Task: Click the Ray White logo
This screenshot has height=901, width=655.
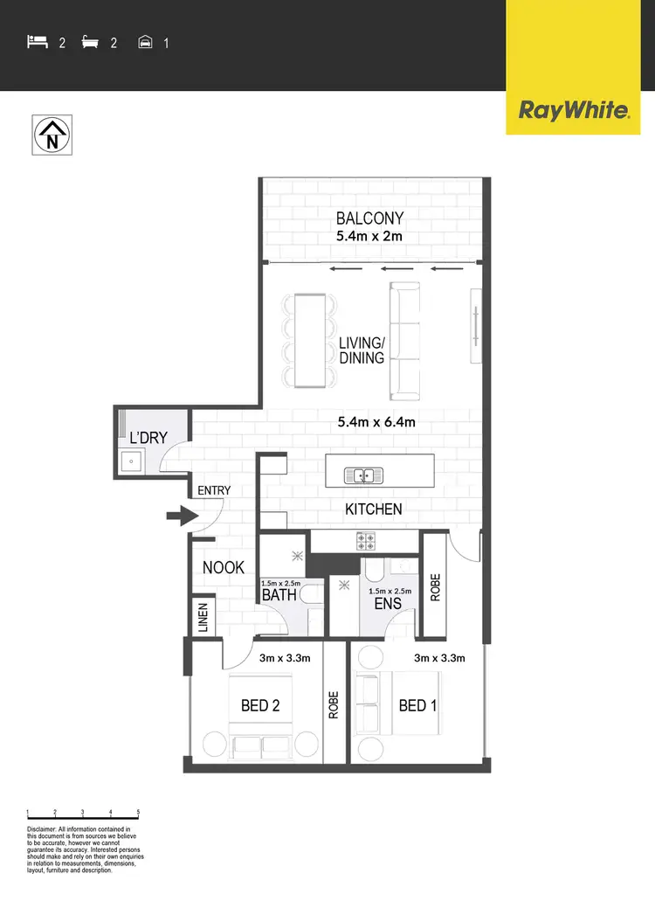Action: (574, 111)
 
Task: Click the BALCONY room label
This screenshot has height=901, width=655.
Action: (369, 219)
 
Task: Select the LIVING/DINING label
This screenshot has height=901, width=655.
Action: (362, 350)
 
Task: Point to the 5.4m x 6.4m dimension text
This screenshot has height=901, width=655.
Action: (376, 422)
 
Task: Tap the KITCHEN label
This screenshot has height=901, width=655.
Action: (373, 509)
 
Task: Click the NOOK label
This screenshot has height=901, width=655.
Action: (224, 568)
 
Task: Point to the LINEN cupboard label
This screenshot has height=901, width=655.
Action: (203, 618)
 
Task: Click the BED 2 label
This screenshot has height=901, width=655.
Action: (260, 705)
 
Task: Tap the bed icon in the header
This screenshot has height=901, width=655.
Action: (37, 41)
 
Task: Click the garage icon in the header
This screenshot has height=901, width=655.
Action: (146, 41)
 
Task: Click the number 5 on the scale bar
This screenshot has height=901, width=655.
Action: (138, 812)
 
